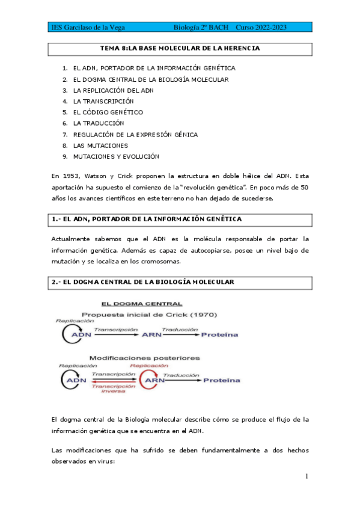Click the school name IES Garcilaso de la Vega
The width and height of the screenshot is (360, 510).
pyautogui.click(x=90, y=28)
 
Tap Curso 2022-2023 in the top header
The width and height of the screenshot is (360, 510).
pyautogui.click(x=261, y=28)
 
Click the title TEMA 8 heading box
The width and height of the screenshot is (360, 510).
pyautogui.click(x=180, y=48)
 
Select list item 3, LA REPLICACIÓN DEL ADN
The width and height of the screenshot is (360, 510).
pyautogui.click(x=114, y=90)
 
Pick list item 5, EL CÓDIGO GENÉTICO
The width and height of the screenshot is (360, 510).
pyautogui.click(x=108, y=112)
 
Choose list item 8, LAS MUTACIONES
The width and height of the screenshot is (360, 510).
pyautogui.click(x=100, y=145)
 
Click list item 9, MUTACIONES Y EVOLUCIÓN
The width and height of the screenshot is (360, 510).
pyautogui.click(x=115, y=156)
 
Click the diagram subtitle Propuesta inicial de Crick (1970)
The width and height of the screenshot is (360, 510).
pyautogui.click(x=149, y=315)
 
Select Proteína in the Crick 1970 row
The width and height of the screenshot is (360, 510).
pyautogui.click(x=219, y=335)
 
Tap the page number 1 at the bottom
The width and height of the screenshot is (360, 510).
pyautogui.click(x=307, y=476)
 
